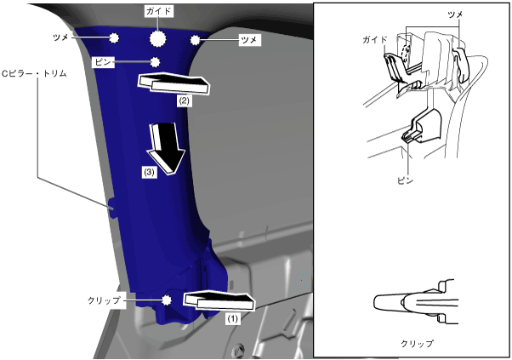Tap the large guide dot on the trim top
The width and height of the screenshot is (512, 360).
pos(159,38)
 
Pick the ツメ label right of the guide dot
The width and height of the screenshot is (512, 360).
pos(250,39)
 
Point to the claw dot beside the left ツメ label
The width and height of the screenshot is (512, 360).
pos(112,37)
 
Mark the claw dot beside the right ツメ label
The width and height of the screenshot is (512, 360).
pos(196,39)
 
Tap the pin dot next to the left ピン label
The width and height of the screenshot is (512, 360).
pos(155,62)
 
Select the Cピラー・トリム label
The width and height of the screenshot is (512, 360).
pos(37,74)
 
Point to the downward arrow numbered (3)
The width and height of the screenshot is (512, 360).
pos(163,145)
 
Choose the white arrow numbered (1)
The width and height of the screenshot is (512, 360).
pos(219,300)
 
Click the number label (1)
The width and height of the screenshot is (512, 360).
pos(231,319)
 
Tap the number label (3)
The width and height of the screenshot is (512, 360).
pos(149,171)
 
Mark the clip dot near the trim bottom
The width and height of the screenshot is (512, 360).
pos(168,300)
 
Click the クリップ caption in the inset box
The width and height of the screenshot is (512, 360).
pos(417,344)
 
